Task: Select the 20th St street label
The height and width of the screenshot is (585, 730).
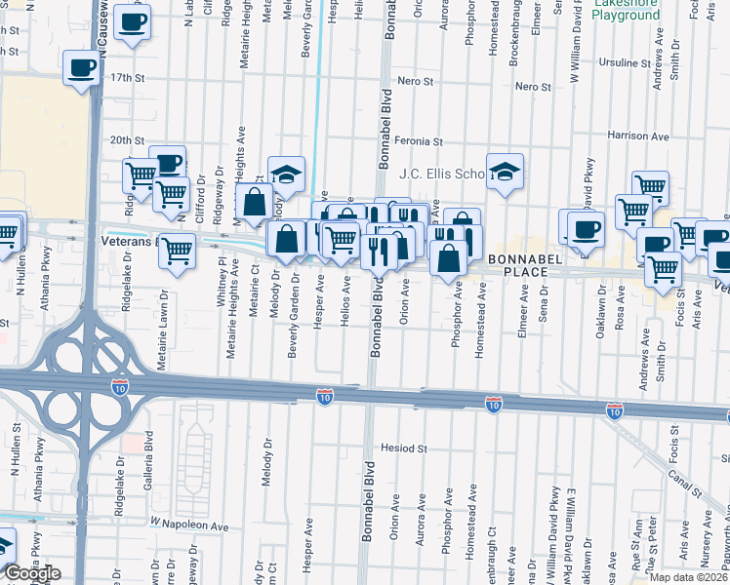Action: tap(127, 140)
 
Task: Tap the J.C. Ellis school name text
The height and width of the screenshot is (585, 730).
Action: tap(442, 174)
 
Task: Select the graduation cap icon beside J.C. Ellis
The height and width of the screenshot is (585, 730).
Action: tap(505, 173)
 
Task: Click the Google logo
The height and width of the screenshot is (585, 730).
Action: tap(31, 573)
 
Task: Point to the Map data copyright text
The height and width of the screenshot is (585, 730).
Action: tap(689, 577)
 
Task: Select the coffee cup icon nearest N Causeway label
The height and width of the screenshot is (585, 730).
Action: tap(132, 21)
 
